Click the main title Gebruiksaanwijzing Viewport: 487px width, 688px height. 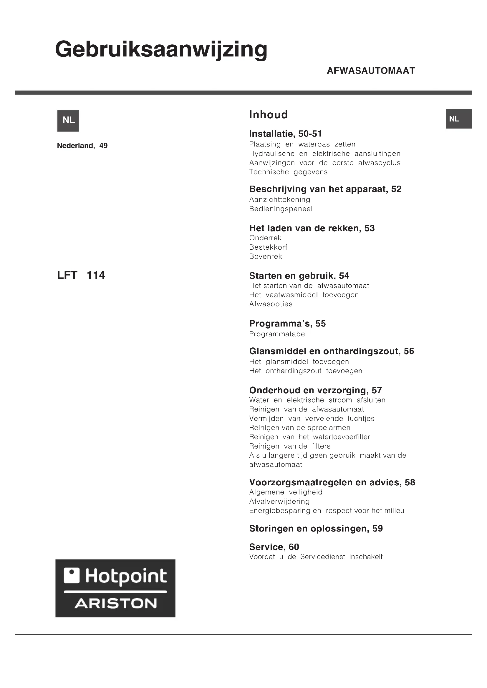[161, 50]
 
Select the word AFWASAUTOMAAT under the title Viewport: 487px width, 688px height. [371, 71]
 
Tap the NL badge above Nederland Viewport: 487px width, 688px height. [68, 121]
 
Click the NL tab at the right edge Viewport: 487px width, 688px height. [459, 119]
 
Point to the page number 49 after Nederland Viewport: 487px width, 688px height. [103, 146]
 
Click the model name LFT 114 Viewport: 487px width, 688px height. [81, 275]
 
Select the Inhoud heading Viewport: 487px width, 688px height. [269, 114]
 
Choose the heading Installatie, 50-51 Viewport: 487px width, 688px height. [285, 134]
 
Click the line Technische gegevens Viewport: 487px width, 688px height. [288, 172]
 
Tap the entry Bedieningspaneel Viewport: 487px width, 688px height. [281, 209]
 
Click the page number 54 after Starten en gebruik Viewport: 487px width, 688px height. [344, 276]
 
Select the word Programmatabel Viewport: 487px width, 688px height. [278, 334]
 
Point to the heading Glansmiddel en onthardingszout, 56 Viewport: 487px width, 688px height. [331, 351]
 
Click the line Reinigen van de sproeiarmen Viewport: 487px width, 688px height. [299, 428]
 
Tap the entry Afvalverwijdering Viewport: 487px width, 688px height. [279, 501]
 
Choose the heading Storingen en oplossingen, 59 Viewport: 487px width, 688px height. [316, 528]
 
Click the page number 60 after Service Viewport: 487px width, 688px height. [294, 547]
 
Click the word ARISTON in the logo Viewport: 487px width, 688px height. [115, 604]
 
